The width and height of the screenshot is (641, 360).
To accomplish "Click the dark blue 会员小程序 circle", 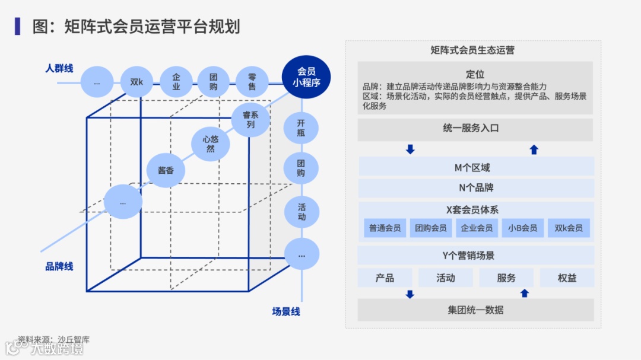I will click(306, 77).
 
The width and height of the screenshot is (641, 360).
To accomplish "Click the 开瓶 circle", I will click(301, 128).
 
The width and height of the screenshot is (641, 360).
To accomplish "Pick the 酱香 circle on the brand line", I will click(166, 171).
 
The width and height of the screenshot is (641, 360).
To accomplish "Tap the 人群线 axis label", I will click(59, 68).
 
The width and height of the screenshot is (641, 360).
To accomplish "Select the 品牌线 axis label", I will click(59, 266).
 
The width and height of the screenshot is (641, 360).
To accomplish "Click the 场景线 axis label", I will click(286, 311).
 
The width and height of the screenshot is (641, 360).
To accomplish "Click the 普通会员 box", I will click(385, 228).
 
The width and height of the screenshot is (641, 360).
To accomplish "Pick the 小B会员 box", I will click(523, 228).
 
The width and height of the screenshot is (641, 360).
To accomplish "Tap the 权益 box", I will click(567, 278).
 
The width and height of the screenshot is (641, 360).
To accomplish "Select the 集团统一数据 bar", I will click(475, 310).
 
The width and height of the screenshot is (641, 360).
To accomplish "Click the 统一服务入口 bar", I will click(475, 129).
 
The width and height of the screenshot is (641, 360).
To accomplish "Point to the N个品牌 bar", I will click(475, 188).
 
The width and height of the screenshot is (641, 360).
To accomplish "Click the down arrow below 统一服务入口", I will click(410, 149).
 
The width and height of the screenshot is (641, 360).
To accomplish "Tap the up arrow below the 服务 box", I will click(524, 293).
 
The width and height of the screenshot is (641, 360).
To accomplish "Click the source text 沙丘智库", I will click(74, 340).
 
